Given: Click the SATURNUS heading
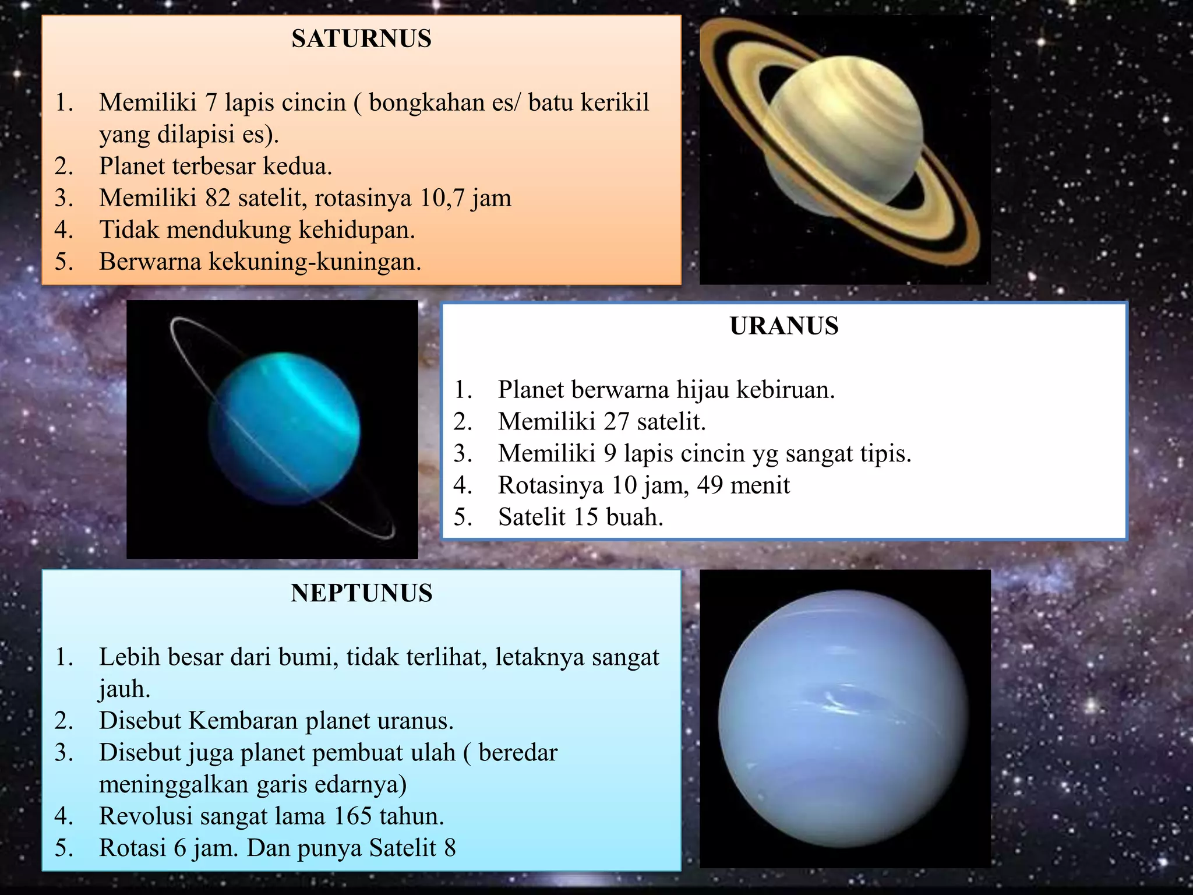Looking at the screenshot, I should pyautogui.click(x=361, y=39).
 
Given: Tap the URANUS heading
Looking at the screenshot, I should pyautogui.click(x=784, y=326).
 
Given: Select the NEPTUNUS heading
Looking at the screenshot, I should pyautogui.click(x=361, y=594).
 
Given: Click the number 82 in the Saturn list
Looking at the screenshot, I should pyautogui.click(x=218, y=198).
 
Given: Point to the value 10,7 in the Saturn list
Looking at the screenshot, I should pyautogui.click(x=442, y=198).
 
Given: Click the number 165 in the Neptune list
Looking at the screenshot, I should pyautogui.click(x=353, y=816).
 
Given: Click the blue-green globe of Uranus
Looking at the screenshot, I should pyautogui.click(x=284, y=428).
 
